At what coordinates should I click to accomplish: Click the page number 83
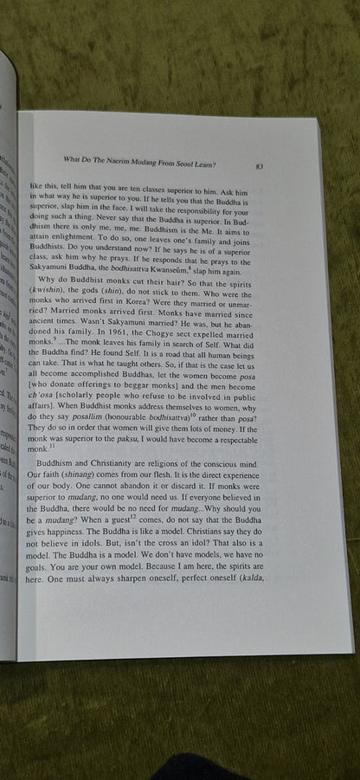[x=260, y=164]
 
